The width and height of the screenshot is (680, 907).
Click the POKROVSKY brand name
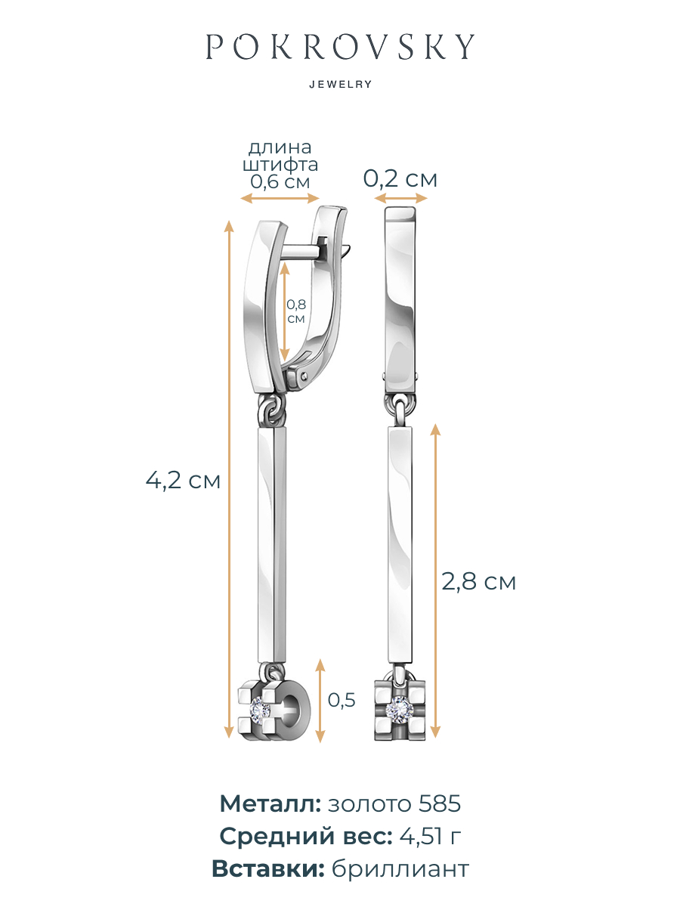(340, 47)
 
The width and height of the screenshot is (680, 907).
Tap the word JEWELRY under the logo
(341, 85)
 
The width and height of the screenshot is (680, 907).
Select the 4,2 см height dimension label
(183, 480)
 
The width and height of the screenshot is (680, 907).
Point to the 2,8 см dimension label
(478, 581)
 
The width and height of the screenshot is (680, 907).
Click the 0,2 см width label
(400, 178)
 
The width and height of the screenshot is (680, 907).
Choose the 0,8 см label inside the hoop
(296, 311)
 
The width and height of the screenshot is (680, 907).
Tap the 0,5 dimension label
(342, 700)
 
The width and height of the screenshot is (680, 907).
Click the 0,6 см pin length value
(280, 181)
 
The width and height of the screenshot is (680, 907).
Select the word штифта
(280, 165)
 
